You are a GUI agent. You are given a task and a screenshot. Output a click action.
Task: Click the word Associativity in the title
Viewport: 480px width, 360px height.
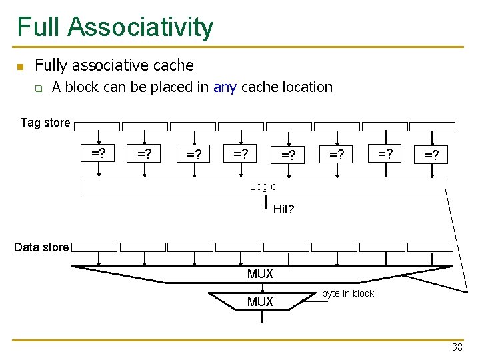(141, 27)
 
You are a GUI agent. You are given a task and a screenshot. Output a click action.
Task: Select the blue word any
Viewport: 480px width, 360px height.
(225, 87)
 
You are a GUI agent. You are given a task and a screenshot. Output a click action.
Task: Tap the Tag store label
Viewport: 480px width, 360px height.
(45, 123)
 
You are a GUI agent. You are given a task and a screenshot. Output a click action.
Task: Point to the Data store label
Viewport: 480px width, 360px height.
(41, 247)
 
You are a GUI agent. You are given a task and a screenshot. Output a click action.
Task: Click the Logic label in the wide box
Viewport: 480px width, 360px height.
(263, 187)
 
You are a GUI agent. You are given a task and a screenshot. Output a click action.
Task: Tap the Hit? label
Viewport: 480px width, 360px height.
(283, 209)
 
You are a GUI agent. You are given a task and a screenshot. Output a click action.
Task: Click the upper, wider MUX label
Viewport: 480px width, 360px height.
(260, 274)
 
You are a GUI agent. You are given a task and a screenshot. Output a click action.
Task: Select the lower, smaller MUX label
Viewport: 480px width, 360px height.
(260, 302)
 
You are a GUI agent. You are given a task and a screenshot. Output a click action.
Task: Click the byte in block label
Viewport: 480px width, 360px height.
(348, 293)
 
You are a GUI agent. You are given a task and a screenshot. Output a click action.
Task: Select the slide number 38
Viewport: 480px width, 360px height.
(457, 347)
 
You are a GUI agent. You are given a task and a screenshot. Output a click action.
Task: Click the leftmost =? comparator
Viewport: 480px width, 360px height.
(99, 154)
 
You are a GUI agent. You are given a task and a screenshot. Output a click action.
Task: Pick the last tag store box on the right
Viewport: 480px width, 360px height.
(432, 126)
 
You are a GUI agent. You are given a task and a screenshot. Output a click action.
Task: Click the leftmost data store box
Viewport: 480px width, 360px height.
(95, 247)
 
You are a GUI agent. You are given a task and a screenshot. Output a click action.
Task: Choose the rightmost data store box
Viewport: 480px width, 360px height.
(430, 247)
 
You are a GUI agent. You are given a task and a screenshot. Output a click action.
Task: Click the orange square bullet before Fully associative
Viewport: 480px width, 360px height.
(21, 66)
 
